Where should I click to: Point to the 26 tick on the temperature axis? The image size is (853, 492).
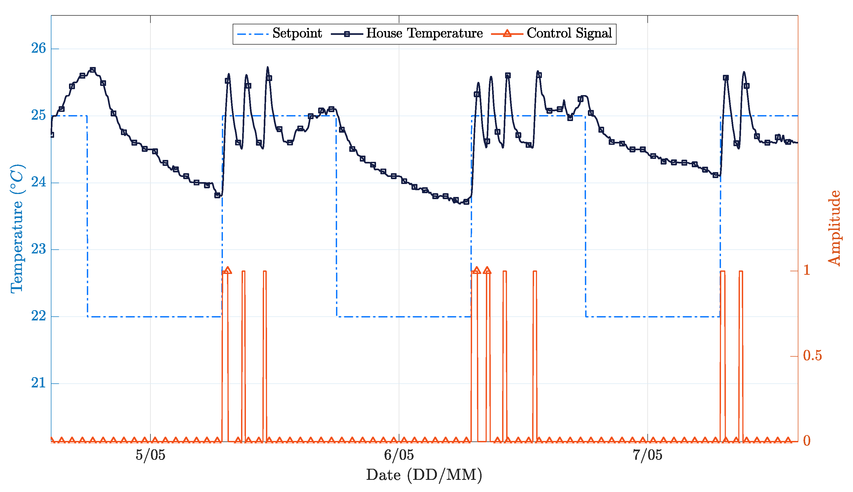(x=38, y=49)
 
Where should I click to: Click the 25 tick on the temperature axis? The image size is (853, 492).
(x=38, y=116)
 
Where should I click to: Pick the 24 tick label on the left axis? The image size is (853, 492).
(x=38, y=182)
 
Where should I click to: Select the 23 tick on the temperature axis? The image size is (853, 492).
(x=38, y=249)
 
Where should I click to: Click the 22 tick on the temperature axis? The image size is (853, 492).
(x=38, y=316)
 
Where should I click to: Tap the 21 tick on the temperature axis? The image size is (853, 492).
(x=38, y=383)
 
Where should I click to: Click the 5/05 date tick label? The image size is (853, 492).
(x=151, y=456)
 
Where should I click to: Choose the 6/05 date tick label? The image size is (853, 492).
(x=399, y=456)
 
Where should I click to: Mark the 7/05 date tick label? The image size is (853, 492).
(x=647, y=456)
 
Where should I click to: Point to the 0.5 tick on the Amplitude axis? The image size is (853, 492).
(x=812, y=356)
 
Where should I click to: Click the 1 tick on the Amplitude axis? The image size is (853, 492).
(x=807, y=270)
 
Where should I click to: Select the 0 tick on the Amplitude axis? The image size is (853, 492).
(x=807, y=441)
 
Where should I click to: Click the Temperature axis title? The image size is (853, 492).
(x=17, y=229)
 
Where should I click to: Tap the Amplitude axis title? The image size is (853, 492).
(x=834, y=228)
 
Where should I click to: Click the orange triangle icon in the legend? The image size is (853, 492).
(x=507, y=34)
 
